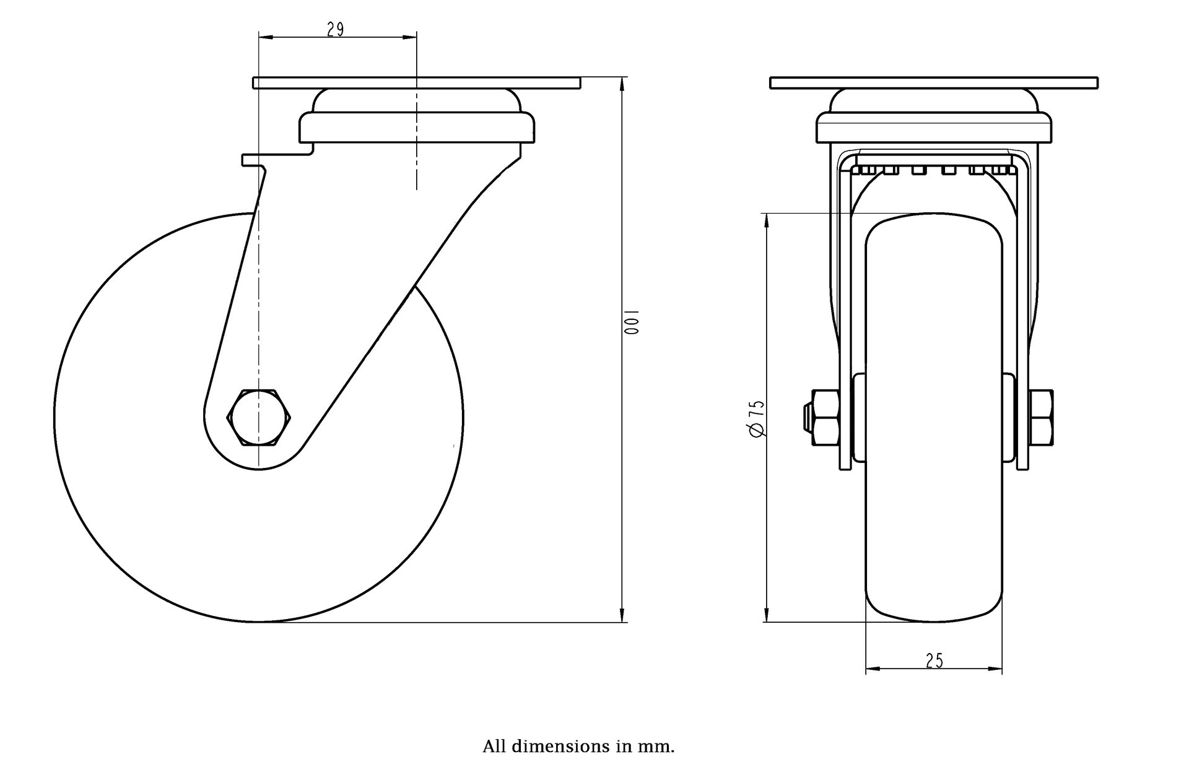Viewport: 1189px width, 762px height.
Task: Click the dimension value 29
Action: tap(335, 29)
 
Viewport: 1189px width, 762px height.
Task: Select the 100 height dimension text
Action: tap(631, 322)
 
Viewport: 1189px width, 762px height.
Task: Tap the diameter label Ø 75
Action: tap(756, 419)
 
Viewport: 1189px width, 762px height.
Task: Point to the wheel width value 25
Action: tap(934, 661)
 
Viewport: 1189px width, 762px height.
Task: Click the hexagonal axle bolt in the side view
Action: tap(259, 417)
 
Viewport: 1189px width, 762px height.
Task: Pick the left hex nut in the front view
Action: tap(824, 418)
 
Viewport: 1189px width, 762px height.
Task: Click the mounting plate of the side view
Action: tap(416, 83)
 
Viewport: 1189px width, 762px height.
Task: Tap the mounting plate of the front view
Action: tap(933, 83)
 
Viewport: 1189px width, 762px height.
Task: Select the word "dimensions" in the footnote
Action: tap(559, 746)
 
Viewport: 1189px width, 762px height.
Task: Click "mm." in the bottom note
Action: tap(661, 746)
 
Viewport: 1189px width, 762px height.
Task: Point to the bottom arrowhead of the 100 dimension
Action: tap(622, 616)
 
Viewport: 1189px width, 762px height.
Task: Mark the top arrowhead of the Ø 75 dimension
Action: tap(767, 220)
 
